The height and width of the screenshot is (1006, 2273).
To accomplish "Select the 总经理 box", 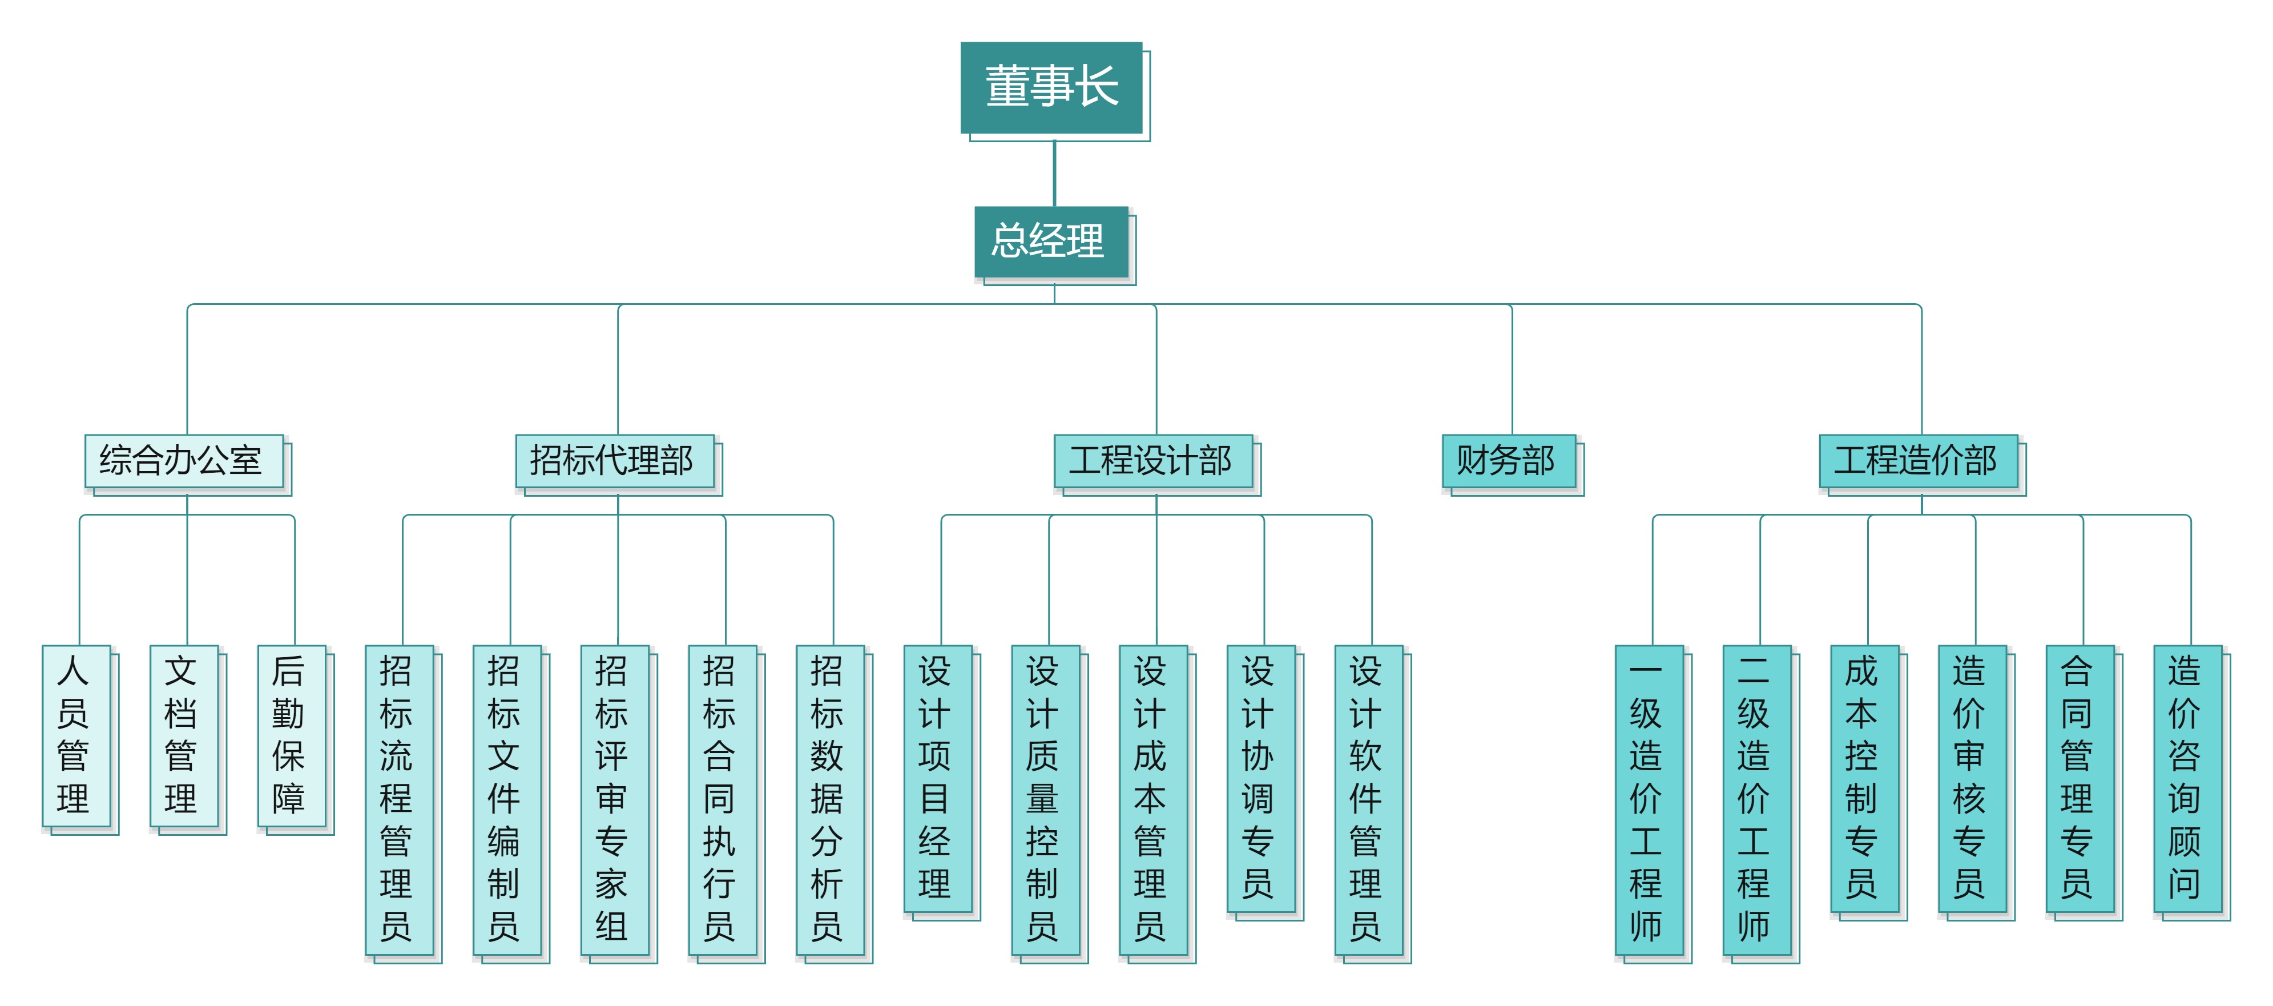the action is coord(1051,241).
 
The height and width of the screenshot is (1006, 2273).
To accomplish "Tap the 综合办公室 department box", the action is coord(184,461).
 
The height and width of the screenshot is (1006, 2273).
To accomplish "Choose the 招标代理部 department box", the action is coord(615,461).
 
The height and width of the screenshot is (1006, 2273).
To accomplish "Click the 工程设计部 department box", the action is coord(1153,461).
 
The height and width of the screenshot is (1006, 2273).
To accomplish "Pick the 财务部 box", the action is coord(1509,461).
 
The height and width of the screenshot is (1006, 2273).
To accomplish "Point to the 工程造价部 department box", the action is coord(1919,461).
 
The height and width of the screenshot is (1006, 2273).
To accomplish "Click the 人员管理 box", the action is coord(76,736).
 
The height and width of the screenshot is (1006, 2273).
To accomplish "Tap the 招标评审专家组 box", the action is coord(615,800).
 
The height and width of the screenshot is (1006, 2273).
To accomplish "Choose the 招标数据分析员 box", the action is coord(831,800).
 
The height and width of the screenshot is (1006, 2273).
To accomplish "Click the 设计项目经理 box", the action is coord(938,779).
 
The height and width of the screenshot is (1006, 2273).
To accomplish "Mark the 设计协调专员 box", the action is coord(1261,779).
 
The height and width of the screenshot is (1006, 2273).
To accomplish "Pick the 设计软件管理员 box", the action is coord(1369,800).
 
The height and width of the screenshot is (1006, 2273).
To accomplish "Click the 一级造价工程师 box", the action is coord(1649,800).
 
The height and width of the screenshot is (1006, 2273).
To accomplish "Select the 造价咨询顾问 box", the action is coord(2187,779).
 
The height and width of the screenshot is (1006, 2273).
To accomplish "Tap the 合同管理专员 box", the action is coord(2079,779).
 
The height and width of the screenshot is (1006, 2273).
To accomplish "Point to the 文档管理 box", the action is coord(184,736).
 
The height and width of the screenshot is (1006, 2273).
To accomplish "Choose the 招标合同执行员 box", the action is coord(723,800).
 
